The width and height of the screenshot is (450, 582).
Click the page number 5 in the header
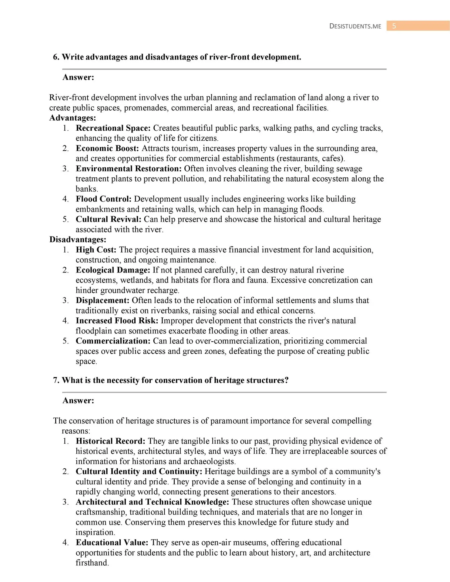394,26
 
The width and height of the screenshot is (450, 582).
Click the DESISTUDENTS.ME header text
355,26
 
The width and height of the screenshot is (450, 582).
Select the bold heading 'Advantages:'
73,118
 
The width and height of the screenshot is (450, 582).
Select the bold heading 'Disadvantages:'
78,239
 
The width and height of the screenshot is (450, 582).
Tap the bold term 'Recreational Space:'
113,128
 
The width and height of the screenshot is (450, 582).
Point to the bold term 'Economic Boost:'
107,148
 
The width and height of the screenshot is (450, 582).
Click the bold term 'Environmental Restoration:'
129,169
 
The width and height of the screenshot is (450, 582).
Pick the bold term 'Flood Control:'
104,199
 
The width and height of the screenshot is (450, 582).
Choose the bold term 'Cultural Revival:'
109,219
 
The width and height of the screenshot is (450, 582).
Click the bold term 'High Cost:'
96,250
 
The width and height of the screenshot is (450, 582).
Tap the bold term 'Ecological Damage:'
113,270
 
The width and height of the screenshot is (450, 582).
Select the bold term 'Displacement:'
103,300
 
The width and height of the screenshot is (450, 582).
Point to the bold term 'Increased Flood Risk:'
117,321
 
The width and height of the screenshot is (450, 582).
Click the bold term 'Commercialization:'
113,341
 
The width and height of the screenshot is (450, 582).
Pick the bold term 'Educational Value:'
112,543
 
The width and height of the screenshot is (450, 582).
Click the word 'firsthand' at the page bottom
92,563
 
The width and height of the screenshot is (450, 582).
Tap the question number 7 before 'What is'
55,380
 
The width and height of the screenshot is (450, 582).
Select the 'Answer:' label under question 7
78,401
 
